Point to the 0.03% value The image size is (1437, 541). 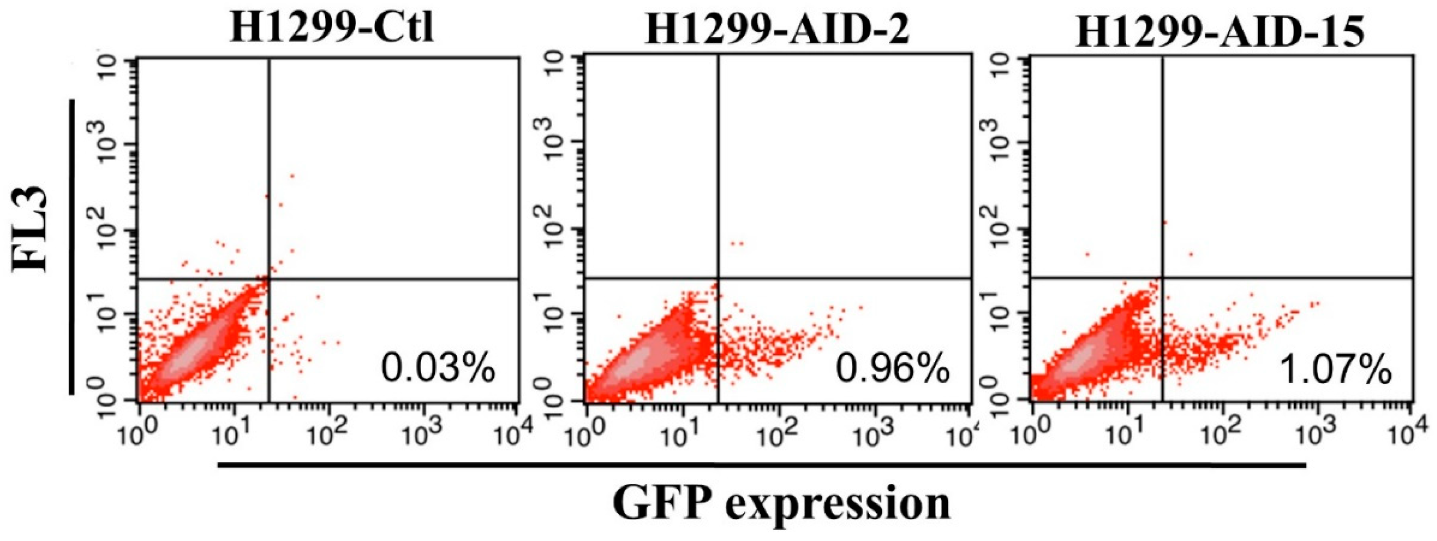tap(438, 369)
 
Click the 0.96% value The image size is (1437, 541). tap(892, 369)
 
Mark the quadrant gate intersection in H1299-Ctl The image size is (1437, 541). tap(269, 279)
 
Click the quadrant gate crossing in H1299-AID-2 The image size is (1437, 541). tap(718, 278)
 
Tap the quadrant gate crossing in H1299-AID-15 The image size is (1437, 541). tap(1163, 277)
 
